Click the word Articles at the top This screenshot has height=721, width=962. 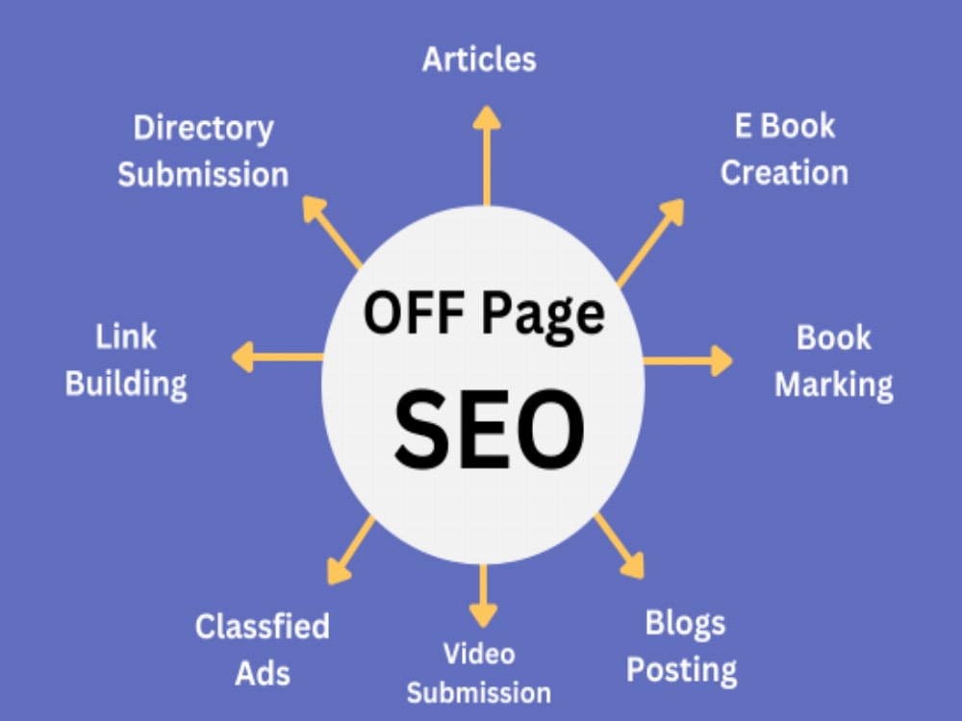coord(479,60)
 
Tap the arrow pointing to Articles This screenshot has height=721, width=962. coord(487,155)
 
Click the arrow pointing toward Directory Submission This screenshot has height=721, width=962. coord(331,233)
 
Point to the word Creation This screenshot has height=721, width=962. coord(784,172)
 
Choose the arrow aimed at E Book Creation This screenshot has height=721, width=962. coord(650,243)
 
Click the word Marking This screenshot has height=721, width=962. coord(834,386)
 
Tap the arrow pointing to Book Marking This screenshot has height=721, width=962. coord(688,360)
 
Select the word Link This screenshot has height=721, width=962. coord(126,336)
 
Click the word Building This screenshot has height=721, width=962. coord(126,385)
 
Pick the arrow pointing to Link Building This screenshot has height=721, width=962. coord(277,357)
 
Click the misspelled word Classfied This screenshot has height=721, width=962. coord(263,627)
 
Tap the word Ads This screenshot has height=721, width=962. coord(263,673)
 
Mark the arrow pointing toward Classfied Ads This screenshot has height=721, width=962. coord(350,550)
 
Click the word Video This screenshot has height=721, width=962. coord(479,654)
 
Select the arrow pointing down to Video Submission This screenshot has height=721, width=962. coord(484,596)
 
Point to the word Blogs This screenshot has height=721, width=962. coord(685,624)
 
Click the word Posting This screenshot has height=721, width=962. coord(682,670)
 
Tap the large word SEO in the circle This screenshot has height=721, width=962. coord(489,429)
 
